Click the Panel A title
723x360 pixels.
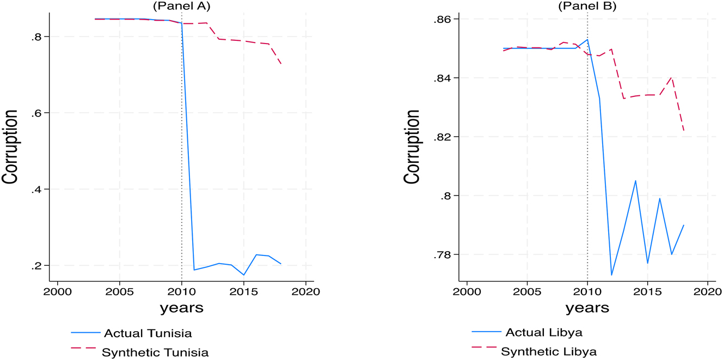[182, 7]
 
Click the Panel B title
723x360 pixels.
[587, 7]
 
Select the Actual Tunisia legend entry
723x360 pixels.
[148, 333]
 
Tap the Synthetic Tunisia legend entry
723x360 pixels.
[155, 352]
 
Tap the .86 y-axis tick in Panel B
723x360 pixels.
[446, 20]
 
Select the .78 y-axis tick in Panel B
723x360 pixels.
[446, 255]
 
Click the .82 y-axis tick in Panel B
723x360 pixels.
[446, 137]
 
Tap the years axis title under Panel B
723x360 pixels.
[587, 308]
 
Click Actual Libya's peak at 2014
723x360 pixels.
[635, 180]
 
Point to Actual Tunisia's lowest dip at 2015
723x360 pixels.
[243, 275]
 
